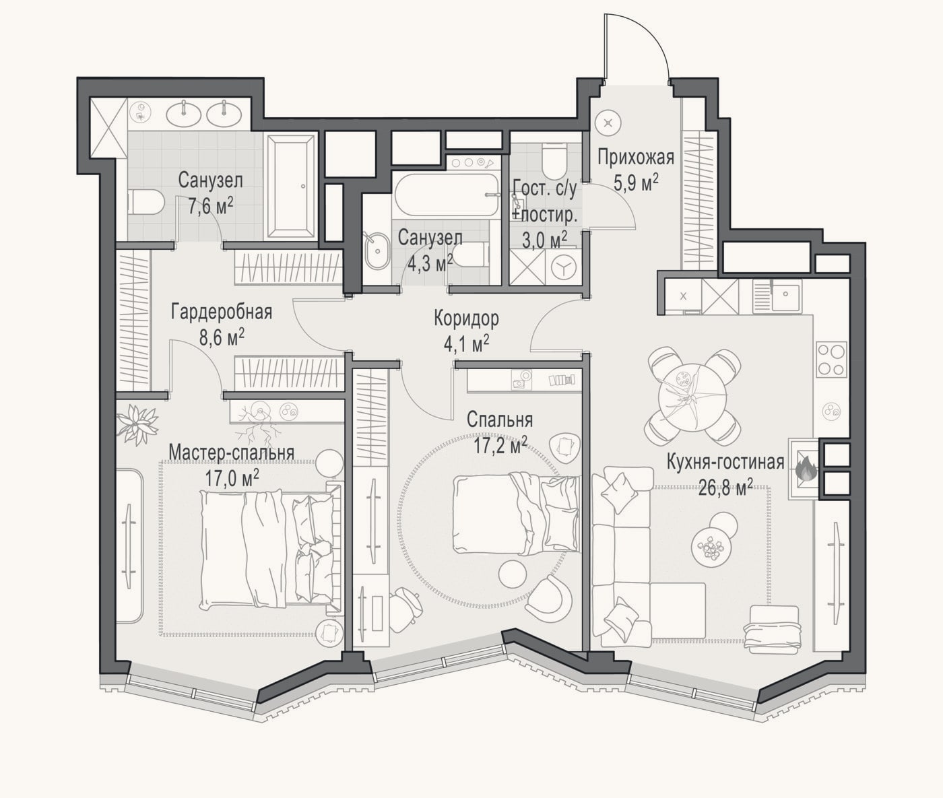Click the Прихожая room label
tap(635, 158)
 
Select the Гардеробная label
tap(222, 313)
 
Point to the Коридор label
tap(466, 319)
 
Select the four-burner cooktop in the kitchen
tap(832, 360)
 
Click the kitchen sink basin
tap(786, 297)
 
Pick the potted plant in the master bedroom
tap(136, 423)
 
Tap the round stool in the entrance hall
tap(608, 123)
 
